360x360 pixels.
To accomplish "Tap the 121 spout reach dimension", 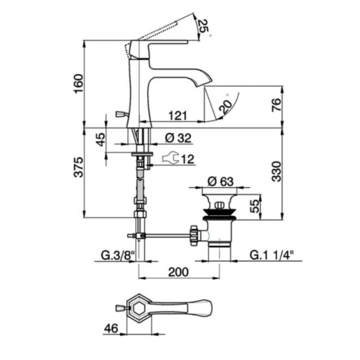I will coord(177,116).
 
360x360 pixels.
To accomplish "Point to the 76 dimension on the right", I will coord(276,105).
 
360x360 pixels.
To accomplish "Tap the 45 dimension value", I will coord(101,139).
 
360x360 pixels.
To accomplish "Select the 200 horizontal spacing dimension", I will coord(177,271).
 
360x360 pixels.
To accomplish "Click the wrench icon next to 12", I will coord(170,159).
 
